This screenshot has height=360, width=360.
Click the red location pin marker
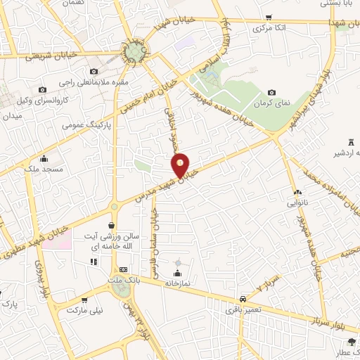pyautogui.click(x=181, y=165)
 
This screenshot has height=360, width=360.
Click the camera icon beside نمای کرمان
pyautogui.click(x=272, y=93)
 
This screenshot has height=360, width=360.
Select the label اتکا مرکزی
pyautogui.click(x=269, y=29)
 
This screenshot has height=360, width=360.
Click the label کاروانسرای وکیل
pyautogui.click(x=41, y=101)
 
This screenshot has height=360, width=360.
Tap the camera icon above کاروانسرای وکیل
pyautogui.click(x=42, y=90)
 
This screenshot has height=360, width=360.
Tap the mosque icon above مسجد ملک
pyautogui.click(x=44, y=158)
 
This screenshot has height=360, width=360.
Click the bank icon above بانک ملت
pyautogui.click(x=124, y=269)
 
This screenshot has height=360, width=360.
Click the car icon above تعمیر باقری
pyautogui.click(x=243, y=297)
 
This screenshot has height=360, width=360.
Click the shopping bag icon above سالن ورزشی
pyautogui.click(x=112, y=226)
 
